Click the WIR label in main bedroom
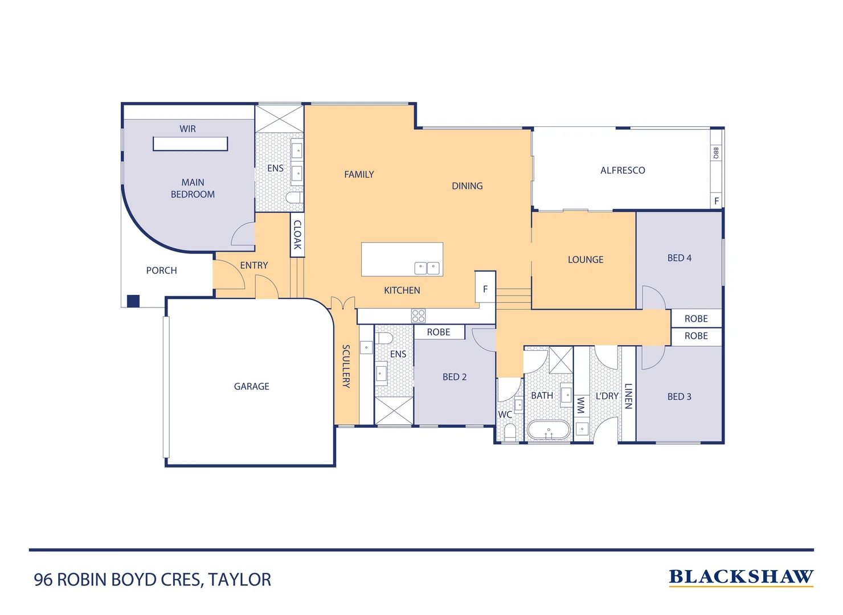tap(187, 129)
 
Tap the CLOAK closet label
tap(297, 235)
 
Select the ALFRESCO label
tap(623, 170)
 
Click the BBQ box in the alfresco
tap(716, 153)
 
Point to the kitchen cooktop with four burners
tap(418, 315)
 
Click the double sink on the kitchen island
tap(427, 268)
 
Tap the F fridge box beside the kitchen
tap(485, 289)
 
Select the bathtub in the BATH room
tap(548, 430)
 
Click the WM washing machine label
tap(580, 405)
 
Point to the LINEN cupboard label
tap(628, 396)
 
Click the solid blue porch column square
tap(133, 301)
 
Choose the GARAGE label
tap(251, 386)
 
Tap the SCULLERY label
tap(346, 366)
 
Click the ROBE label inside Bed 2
tap(439, 332)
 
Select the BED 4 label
tap(679, 258)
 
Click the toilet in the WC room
tap(510, 433)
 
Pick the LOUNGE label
tap(585, 260)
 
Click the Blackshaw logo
tap(740, 577)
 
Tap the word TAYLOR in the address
tap(239, 580)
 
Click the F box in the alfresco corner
tap(717, 201)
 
